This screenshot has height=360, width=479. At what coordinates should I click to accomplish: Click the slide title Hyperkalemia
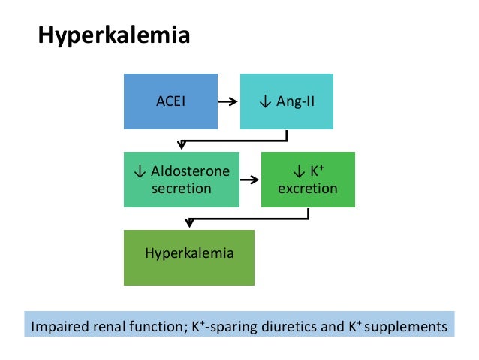click(x=114, y=36)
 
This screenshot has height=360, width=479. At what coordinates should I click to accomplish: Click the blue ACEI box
click(x=170, y=101)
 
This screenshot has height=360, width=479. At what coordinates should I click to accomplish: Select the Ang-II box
click(x=285, y=101)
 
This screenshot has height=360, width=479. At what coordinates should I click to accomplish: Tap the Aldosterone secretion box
click(x=181, y=180)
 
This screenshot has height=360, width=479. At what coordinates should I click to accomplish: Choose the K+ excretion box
click(x=308, y=180)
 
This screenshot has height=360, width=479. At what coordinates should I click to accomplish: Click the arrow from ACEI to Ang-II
click(x=228, y=101)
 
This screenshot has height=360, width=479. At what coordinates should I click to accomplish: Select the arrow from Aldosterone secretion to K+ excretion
click(x=249, y=180)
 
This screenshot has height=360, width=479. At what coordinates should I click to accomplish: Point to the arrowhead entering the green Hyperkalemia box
click(x=189, y=223)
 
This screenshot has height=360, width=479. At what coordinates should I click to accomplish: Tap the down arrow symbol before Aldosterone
click(x=139, y=171)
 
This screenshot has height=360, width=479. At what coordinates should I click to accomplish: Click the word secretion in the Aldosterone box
click(x=181, y=188)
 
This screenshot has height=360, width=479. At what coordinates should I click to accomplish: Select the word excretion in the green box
click(x=308, y=188)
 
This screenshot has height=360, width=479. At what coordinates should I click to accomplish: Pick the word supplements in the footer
click(x=407, y=328)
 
